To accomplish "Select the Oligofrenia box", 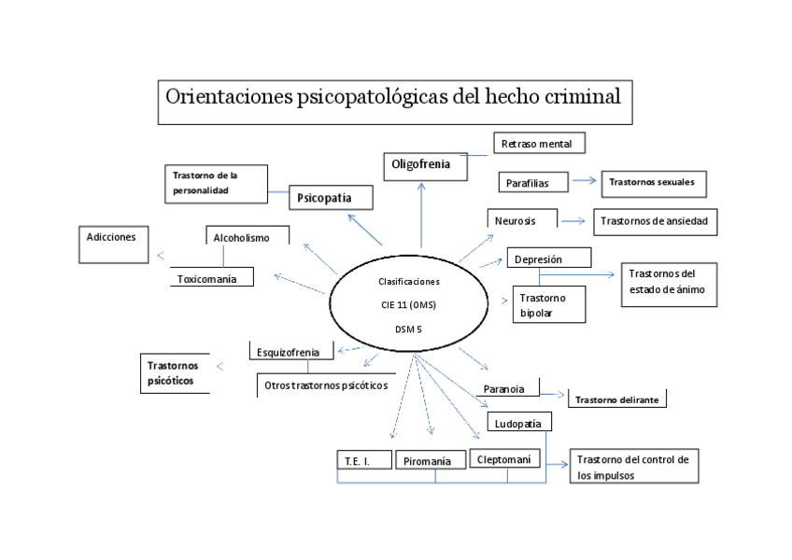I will pyautogui.click(x=420, y=165).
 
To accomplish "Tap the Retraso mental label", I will pyautogui.click(x=543, y=144).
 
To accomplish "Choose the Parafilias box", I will pyautogui.click(x=533, y=183).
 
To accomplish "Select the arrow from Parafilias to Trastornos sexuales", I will pyautogui.click(x=585, y=182).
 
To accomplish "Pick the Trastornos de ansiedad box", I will pyautogui.click(x=655, y=222).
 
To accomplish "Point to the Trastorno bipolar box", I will pyautogui.click(x=548, y=305).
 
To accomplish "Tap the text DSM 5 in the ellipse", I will pyautogui.click(x=408, y=329).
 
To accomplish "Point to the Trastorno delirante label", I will pyautogui.click(x=616, y=399).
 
